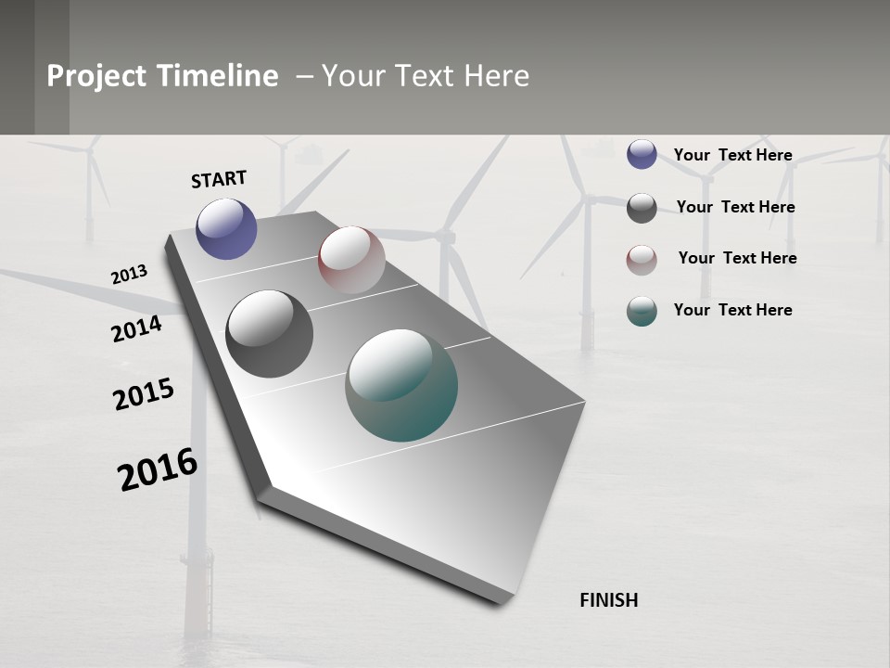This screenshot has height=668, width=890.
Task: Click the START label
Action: pyautogui.click(x=219, y=179)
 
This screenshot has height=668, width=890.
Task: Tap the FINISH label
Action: pyautogui.click(x=609, y=600)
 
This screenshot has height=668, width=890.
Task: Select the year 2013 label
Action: pyautogui.click(x=129, y=275)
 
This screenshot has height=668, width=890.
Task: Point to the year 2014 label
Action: pyautogui.click(x=136, y=328)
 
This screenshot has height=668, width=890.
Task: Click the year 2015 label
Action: pyautogui.click(x=144, y=394)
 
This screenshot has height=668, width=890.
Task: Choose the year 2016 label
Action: pyautogui.click(x=159, y=469)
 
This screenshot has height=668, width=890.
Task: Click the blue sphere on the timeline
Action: pyautogui.click(x=226, y=228)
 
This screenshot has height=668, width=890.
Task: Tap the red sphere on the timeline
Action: pyautogui.click(x=351, y=260)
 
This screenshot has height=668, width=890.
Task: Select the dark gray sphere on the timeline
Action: pyautogui.click(x=270, y=334)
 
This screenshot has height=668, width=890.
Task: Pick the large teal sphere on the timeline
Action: pyautogui.click(x=401, y=385)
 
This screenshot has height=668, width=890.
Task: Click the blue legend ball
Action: pyautogui.click(x=642, y=154)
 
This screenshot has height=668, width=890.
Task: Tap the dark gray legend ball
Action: pyautogui.click(x=642, y=208)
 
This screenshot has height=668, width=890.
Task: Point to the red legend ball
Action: pyautogui.click(x=642, y=260)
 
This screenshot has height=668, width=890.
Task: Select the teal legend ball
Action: pyautogui.click(x=642, y=311)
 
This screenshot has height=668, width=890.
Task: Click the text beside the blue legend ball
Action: pyautogui.click(x=732, y=155)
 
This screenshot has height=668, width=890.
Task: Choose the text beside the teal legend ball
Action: pyautogui.click(x=732, y=310)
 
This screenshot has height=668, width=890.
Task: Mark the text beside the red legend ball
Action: pyautogui.click(x=737, y=258)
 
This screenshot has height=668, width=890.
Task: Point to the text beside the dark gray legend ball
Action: pyautogui.click(x=735, y=207)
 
